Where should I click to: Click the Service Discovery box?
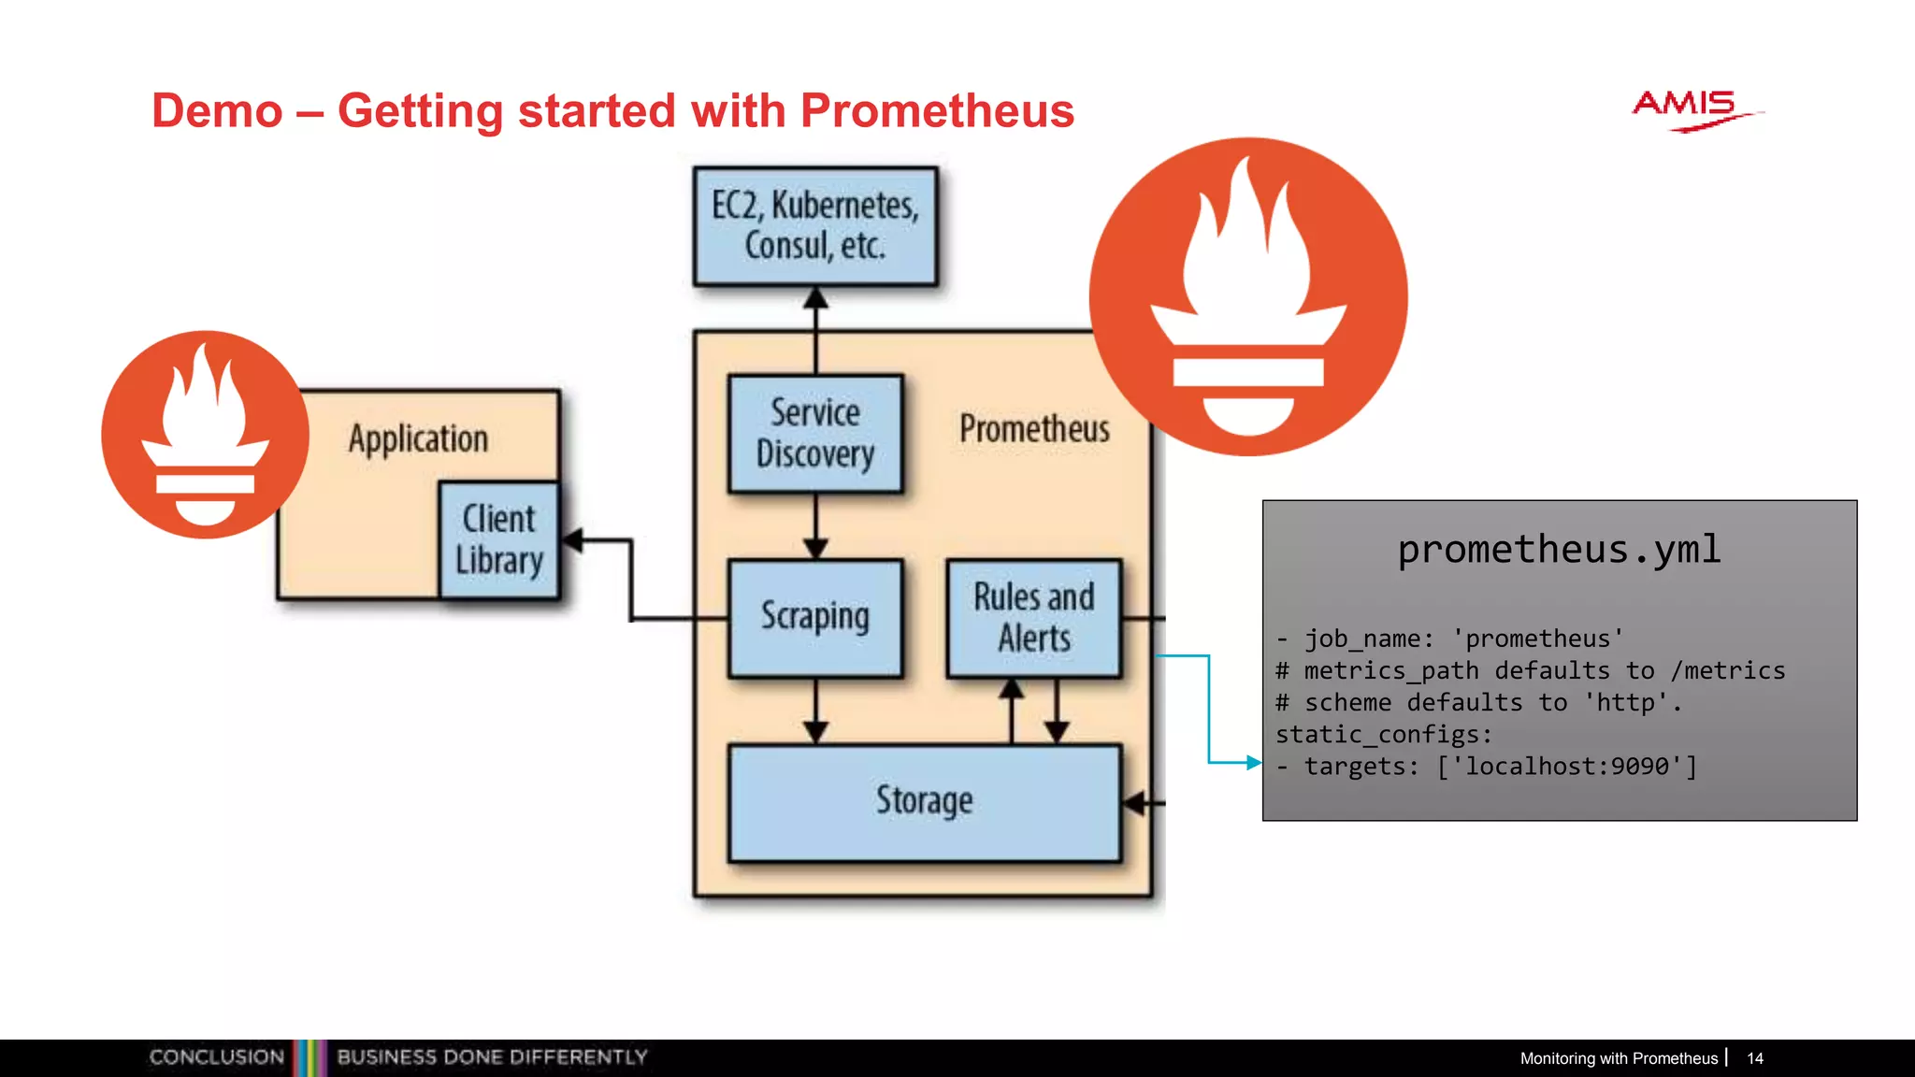[814, 434]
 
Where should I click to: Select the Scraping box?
[814, 617]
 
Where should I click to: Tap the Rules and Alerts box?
[1033, 617]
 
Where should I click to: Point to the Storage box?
[924, 801]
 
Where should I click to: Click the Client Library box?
[499, 539]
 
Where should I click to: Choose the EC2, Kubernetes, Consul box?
[814, 225]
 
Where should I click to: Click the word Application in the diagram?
[418, 438]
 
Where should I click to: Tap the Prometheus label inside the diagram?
[1033, 429]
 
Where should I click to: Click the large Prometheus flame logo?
[1248, 297]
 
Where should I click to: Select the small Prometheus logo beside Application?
[206, 435]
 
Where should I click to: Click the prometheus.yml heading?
[1559, 550]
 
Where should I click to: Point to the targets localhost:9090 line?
[1487, 767]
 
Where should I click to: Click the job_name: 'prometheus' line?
[1449, 639]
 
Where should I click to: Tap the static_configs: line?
[1384, 735]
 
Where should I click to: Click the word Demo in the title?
[217, 111]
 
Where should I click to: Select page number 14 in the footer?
[1754, 1058]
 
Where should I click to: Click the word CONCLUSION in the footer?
[217, 1057]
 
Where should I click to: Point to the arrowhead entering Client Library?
[572, 540]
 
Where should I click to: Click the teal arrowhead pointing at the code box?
[1254, 763]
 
